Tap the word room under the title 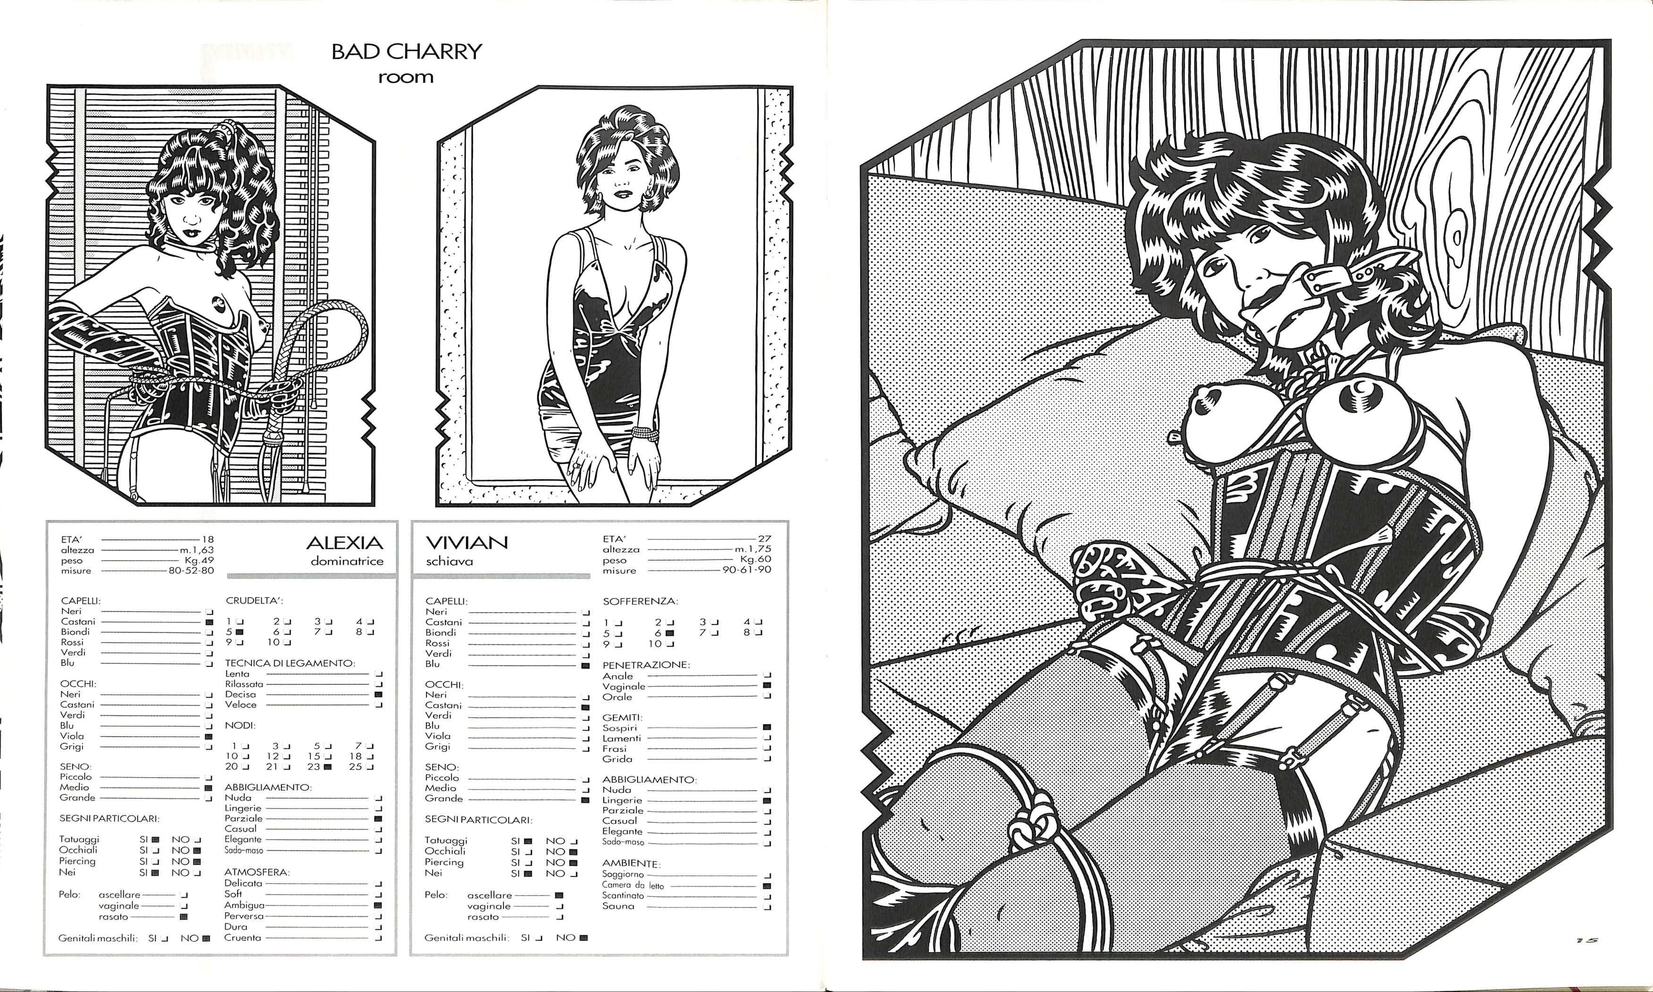point(406,77)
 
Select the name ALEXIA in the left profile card point(345,542)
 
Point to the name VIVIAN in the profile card point(467,542)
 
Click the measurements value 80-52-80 point(191,571)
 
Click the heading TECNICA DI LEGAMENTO point(290,663)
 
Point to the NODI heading point(240,725)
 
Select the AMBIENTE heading point(631,864)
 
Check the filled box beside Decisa point(379,694)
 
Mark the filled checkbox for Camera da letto point(767,886)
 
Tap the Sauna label point(618,906)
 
